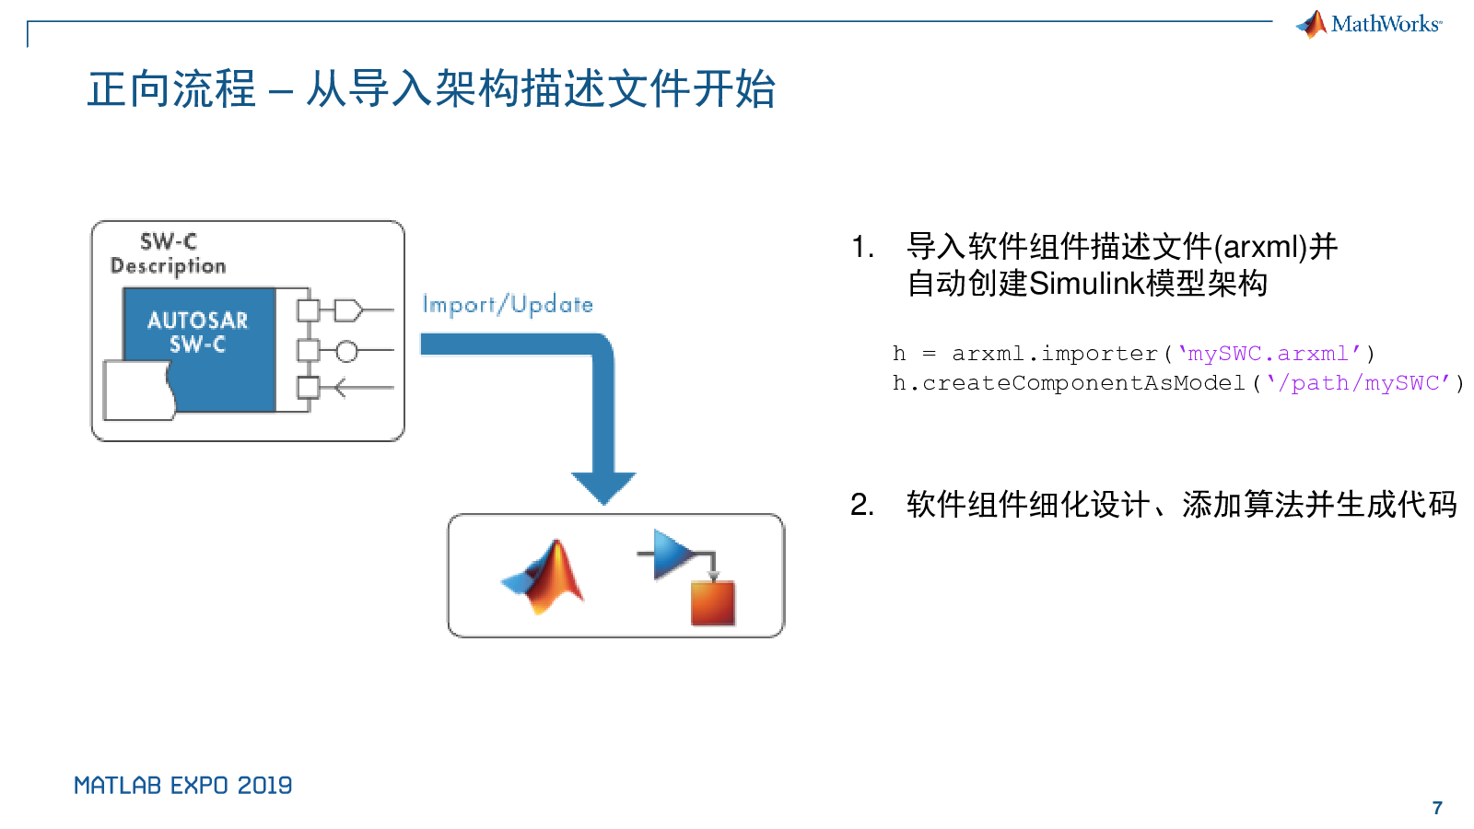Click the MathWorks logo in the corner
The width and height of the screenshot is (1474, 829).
[x=1369, y=24]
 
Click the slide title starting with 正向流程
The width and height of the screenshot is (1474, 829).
[x=431, y=89]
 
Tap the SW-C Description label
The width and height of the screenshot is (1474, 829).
[x=168, y=253]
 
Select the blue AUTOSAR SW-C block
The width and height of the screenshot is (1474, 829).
[x=199, y=332]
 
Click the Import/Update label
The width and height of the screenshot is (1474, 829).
[x=508, y=304]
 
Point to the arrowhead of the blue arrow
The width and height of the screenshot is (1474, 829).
[x=603, y=487]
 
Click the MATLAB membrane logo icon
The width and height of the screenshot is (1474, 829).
[x=545, y=577]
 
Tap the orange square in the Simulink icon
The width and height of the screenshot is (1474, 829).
[x=713, y=603]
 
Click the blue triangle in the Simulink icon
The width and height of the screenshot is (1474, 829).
[x=671, y=554]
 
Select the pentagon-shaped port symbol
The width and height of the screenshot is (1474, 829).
[x=347, y=310]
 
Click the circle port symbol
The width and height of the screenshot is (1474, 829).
[x=346, y=351]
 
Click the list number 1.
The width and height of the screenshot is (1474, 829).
[x=861, y=247]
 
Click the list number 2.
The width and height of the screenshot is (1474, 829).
[x=861, y=505]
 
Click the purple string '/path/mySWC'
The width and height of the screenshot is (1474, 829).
[x=1359, y=383]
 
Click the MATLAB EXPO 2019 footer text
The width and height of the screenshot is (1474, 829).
[x=182, y=786]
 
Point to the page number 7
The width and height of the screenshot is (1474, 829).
[x=1437, y=808]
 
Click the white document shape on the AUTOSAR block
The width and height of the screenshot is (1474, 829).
[x=139, y=391]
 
